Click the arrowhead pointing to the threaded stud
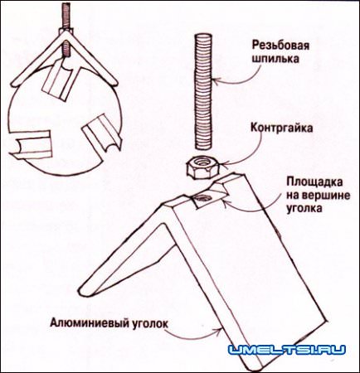pos(214,80)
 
